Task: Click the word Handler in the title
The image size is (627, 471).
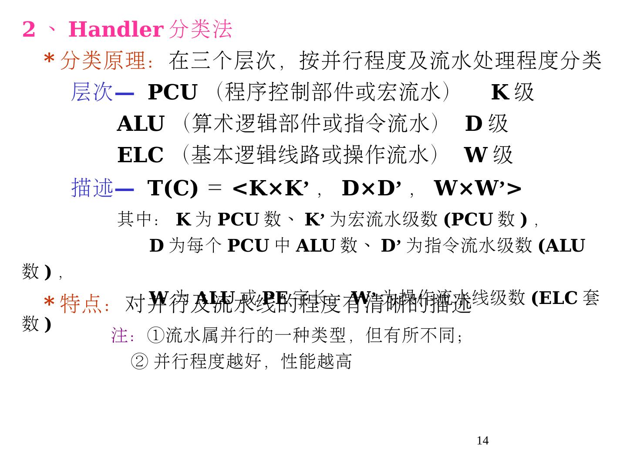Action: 115,30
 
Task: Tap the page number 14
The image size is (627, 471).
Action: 482,441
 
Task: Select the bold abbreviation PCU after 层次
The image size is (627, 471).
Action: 172,92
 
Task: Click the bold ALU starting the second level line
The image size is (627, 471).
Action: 141,124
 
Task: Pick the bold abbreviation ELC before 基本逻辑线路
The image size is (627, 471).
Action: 140,155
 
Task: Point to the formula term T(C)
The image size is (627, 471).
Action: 172,188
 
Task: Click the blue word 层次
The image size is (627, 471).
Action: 92,92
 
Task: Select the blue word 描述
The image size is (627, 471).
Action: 92,188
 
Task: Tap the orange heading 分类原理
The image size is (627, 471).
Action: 103,61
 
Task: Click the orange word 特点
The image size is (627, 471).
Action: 81,304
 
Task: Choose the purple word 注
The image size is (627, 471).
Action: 120,335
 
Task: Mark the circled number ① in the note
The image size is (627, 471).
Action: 155,335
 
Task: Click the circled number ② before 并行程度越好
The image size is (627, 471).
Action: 139,362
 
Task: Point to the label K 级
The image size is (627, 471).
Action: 512,92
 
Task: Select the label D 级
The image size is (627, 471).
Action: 486,124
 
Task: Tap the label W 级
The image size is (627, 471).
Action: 488,155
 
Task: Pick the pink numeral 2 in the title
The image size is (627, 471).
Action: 29,30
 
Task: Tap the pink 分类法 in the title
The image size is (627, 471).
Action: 200,30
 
